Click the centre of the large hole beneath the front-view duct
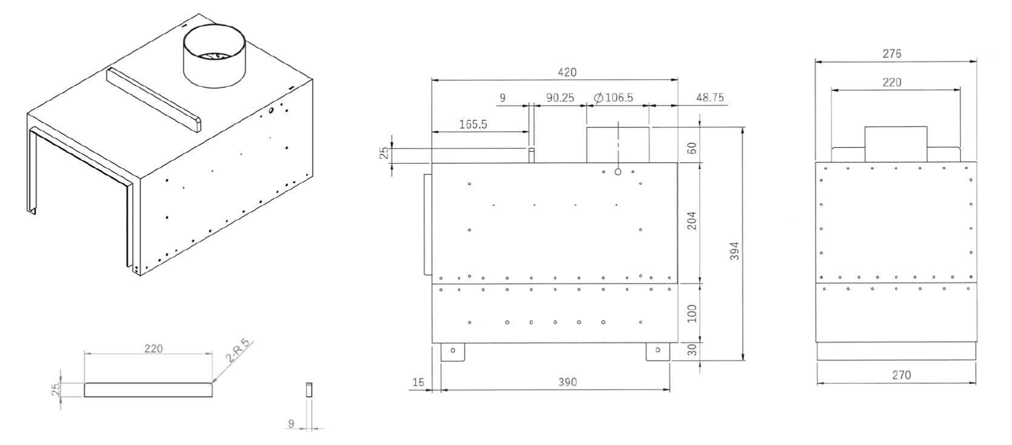[618, 172]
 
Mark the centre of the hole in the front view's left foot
[453, 350]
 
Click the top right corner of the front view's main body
[677, 162]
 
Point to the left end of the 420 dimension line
[432, 80]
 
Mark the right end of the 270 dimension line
[976, 384]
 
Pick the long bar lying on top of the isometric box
[153, 99]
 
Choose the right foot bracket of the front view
[658, 352]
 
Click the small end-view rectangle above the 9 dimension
[309, 390]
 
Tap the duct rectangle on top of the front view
[618, 144]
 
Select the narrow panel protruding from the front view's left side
[428, 224]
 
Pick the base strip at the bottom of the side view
[896, 351]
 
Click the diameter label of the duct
[613, 98]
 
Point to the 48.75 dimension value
[710, 98]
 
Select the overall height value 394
[734, 251]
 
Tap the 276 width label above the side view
[892, 54]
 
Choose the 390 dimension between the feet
[567, 382]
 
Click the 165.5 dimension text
[473, 124]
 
